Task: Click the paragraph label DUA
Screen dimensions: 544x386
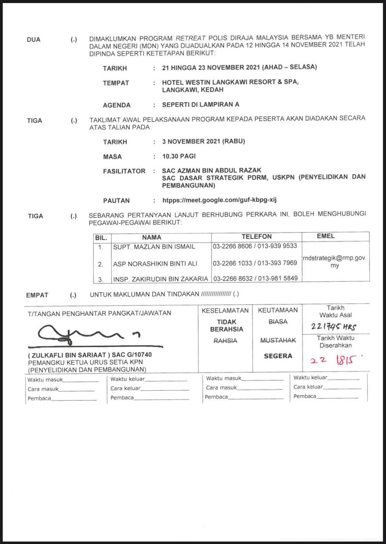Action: [x=34, y=40]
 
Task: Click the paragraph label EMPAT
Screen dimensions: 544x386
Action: [x=37, y=295]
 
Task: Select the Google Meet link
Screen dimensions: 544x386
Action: [x=220, y=200]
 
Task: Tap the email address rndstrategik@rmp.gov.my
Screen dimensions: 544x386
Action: [x=335, y=261]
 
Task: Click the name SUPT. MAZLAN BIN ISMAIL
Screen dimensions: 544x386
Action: [x=154, y=247]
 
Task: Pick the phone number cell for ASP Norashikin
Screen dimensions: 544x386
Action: [x=255, y=263]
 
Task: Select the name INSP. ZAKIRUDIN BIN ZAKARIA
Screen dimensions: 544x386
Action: [x=161, y=279]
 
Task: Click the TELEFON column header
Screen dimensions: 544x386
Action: [x=256, y=237]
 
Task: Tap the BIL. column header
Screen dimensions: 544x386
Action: [x=101, y=238]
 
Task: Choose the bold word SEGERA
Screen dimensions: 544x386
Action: [x=278, y=356]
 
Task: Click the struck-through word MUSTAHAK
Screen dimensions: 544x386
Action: [x=278, y=340]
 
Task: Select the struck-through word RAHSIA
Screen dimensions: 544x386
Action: [x=225, y=341]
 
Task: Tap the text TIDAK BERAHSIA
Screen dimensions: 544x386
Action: [x=226, y=326]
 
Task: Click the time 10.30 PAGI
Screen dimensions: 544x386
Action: [x=179, y=156]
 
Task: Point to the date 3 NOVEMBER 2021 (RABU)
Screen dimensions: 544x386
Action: [x=203, y=142]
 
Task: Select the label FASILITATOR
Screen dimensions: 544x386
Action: [x=124, y=171]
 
